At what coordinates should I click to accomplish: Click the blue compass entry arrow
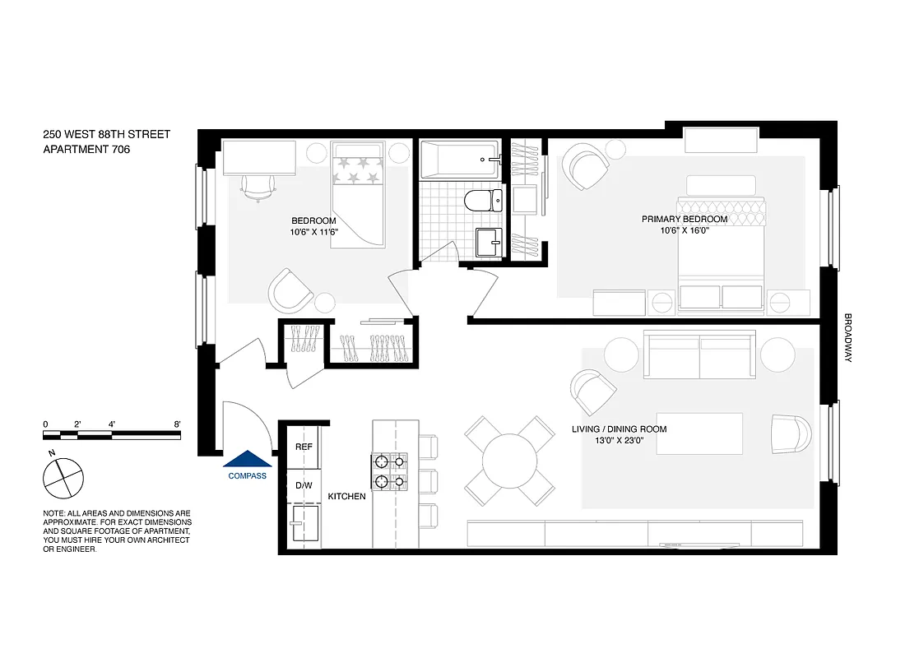click(248, 459)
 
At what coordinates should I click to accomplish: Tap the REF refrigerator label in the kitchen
click(304, 447)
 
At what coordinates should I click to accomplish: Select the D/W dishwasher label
click(304, 485)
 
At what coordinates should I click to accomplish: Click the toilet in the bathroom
click(483, 201)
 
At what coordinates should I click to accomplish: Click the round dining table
click(509, 463)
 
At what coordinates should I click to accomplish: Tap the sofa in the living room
click(699, 354)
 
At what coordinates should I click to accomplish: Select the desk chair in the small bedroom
click(258, 188)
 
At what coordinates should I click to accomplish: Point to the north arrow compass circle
click(63, 478)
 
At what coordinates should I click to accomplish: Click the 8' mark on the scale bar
click(177, 424)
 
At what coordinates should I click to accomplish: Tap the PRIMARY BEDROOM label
click(685, 220)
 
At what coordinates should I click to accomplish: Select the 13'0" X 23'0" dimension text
click(619, 441)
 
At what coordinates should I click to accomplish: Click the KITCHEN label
click(346, 497)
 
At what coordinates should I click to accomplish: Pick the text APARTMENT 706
click(86, 150)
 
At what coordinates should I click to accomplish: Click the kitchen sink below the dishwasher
click(304, 525)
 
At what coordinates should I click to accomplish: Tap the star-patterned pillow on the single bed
click(358, 171)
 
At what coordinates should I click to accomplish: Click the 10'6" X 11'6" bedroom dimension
click(314, 232)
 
